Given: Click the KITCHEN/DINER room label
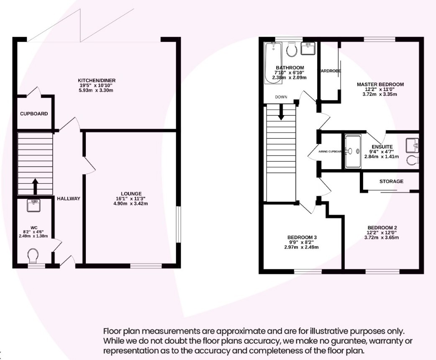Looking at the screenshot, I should tap(97, 80).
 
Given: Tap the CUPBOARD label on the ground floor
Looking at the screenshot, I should tap(34, 114).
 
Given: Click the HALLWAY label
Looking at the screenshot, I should tap(68, 198).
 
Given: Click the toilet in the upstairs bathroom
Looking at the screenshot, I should tap(292, 49).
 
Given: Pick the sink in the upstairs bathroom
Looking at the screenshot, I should tap(309, 48).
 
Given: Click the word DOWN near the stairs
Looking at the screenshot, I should tap(281, 97).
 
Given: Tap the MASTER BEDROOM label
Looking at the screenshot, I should tap(380, 85).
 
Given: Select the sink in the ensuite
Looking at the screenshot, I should tap(412, 145).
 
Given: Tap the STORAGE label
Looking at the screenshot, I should tap(391, 181).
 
